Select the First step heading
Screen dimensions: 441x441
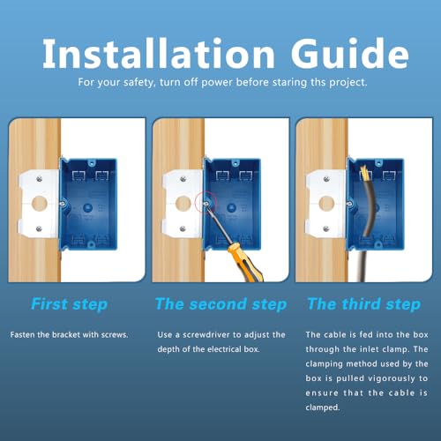click(x=69, y=304)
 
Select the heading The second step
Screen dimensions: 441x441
click(x=220, y=304)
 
